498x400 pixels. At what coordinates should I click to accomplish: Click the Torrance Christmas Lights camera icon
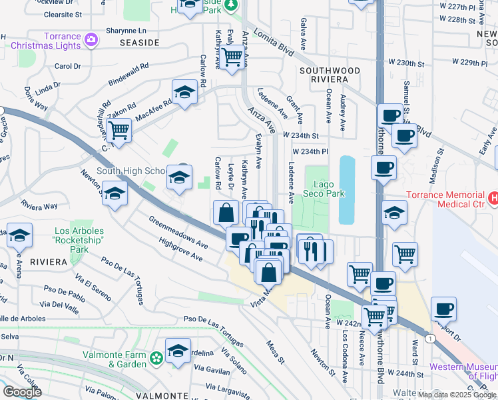click(x=91, y=40)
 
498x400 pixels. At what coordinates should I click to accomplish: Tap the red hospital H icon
click(x=493, y=198)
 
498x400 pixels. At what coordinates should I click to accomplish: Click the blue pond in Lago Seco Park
click(x=347, y=189)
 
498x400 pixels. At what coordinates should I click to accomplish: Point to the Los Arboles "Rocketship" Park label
click(x=80, y=241)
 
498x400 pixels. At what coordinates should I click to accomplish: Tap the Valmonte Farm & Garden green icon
click(x=156, y=359)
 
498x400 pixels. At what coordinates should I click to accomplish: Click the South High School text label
click(x=130, y=171)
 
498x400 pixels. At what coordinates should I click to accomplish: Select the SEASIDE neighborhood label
click(x=139, y=42)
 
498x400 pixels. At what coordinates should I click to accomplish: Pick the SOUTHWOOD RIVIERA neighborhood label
click(x=330, y=75)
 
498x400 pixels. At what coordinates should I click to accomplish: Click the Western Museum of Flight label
click(x=463, y=373)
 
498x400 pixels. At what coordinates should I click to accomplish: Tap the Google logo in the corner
click(x=22, y=391)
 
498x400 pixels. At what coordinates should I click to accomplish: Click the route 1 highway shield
click(x=431, y=339)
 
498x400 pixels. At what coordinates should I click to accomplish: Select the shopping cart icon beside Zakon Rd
click(x=119, y=129)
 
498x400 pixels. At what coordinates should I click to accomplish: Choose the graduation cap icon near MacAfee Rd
click(x=184, y=92)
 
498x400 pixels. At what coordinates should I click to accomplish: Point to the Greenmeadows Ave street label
click(x=178, y=231)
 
